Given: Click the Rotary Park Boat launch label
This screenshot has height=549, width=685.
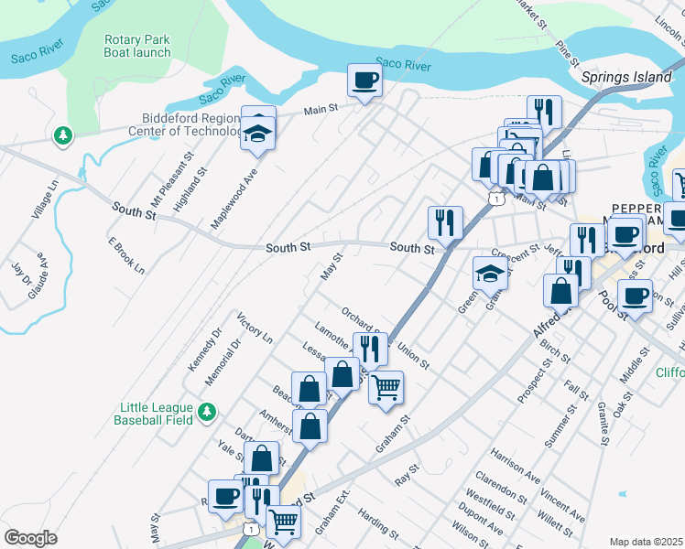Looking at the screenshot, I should pyautogui.click(x=137, y=46).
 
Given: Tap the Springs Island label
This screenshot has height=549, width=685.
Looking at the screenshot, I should pyautogui.click(x=626, y=77).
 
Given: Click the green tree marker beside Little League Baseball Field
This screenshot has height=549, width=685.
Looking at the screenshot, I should pyautogui.click(x=208, y=412).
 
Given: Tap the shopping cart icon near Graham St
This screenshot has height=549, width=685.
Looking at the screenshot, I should pyautogui.click(x=386, y=386).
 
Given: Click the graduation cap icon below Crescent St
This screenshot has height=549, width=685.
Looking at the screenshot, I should pyautogui.click(x=490, y=272).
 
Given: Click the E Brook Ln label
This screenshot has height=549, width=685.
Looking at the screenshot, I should pyautogui.click(x=126, y=255).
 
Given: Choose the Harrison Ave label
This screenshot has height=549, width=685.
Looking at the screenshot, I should pyautogui.click(x=515, y=465).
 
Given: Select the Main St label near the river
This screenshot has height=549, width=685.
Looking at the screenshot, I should pyautogui.click(x=321, y=110).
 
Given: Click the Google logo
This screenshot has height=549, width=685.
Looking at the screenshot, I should pyautogui.click(x=30, y=537).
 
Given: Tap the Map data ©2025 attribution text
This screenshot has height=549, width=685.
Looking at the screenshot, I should pyautogui.click(x=645, y=542).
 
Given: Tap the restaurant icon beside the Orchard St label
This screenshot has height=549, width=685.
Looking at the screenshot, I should pyautogui.click(x=370, y=348).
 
